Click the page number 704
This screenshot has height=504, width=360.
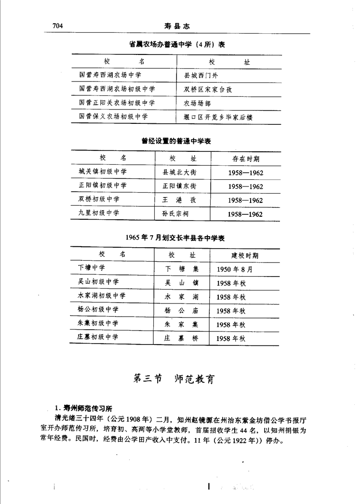click(57, 26)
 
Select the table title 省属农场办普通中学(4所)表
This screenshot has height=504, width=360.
click(177, 44)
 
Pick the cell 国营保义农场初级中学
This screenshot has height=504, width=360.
click(113, 117)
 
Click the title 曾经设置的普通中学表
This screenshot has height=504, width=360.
click(176, 141)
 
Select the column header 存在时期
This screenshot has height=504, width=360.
click(245, 159)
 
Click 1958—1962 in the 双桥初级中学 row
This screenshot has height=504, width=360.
click(245, 200)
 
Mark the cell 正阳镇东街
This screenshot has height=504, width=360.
click(179, 186)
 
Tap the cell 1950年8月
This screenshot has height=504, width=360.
click(234, 269)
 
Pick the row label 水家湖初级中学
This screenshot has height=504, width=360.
click(102, 296)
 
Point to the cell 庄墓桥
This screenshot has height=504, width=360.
click(181, 338)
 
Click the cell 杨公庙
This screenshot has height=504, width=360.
click(181, 310)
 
